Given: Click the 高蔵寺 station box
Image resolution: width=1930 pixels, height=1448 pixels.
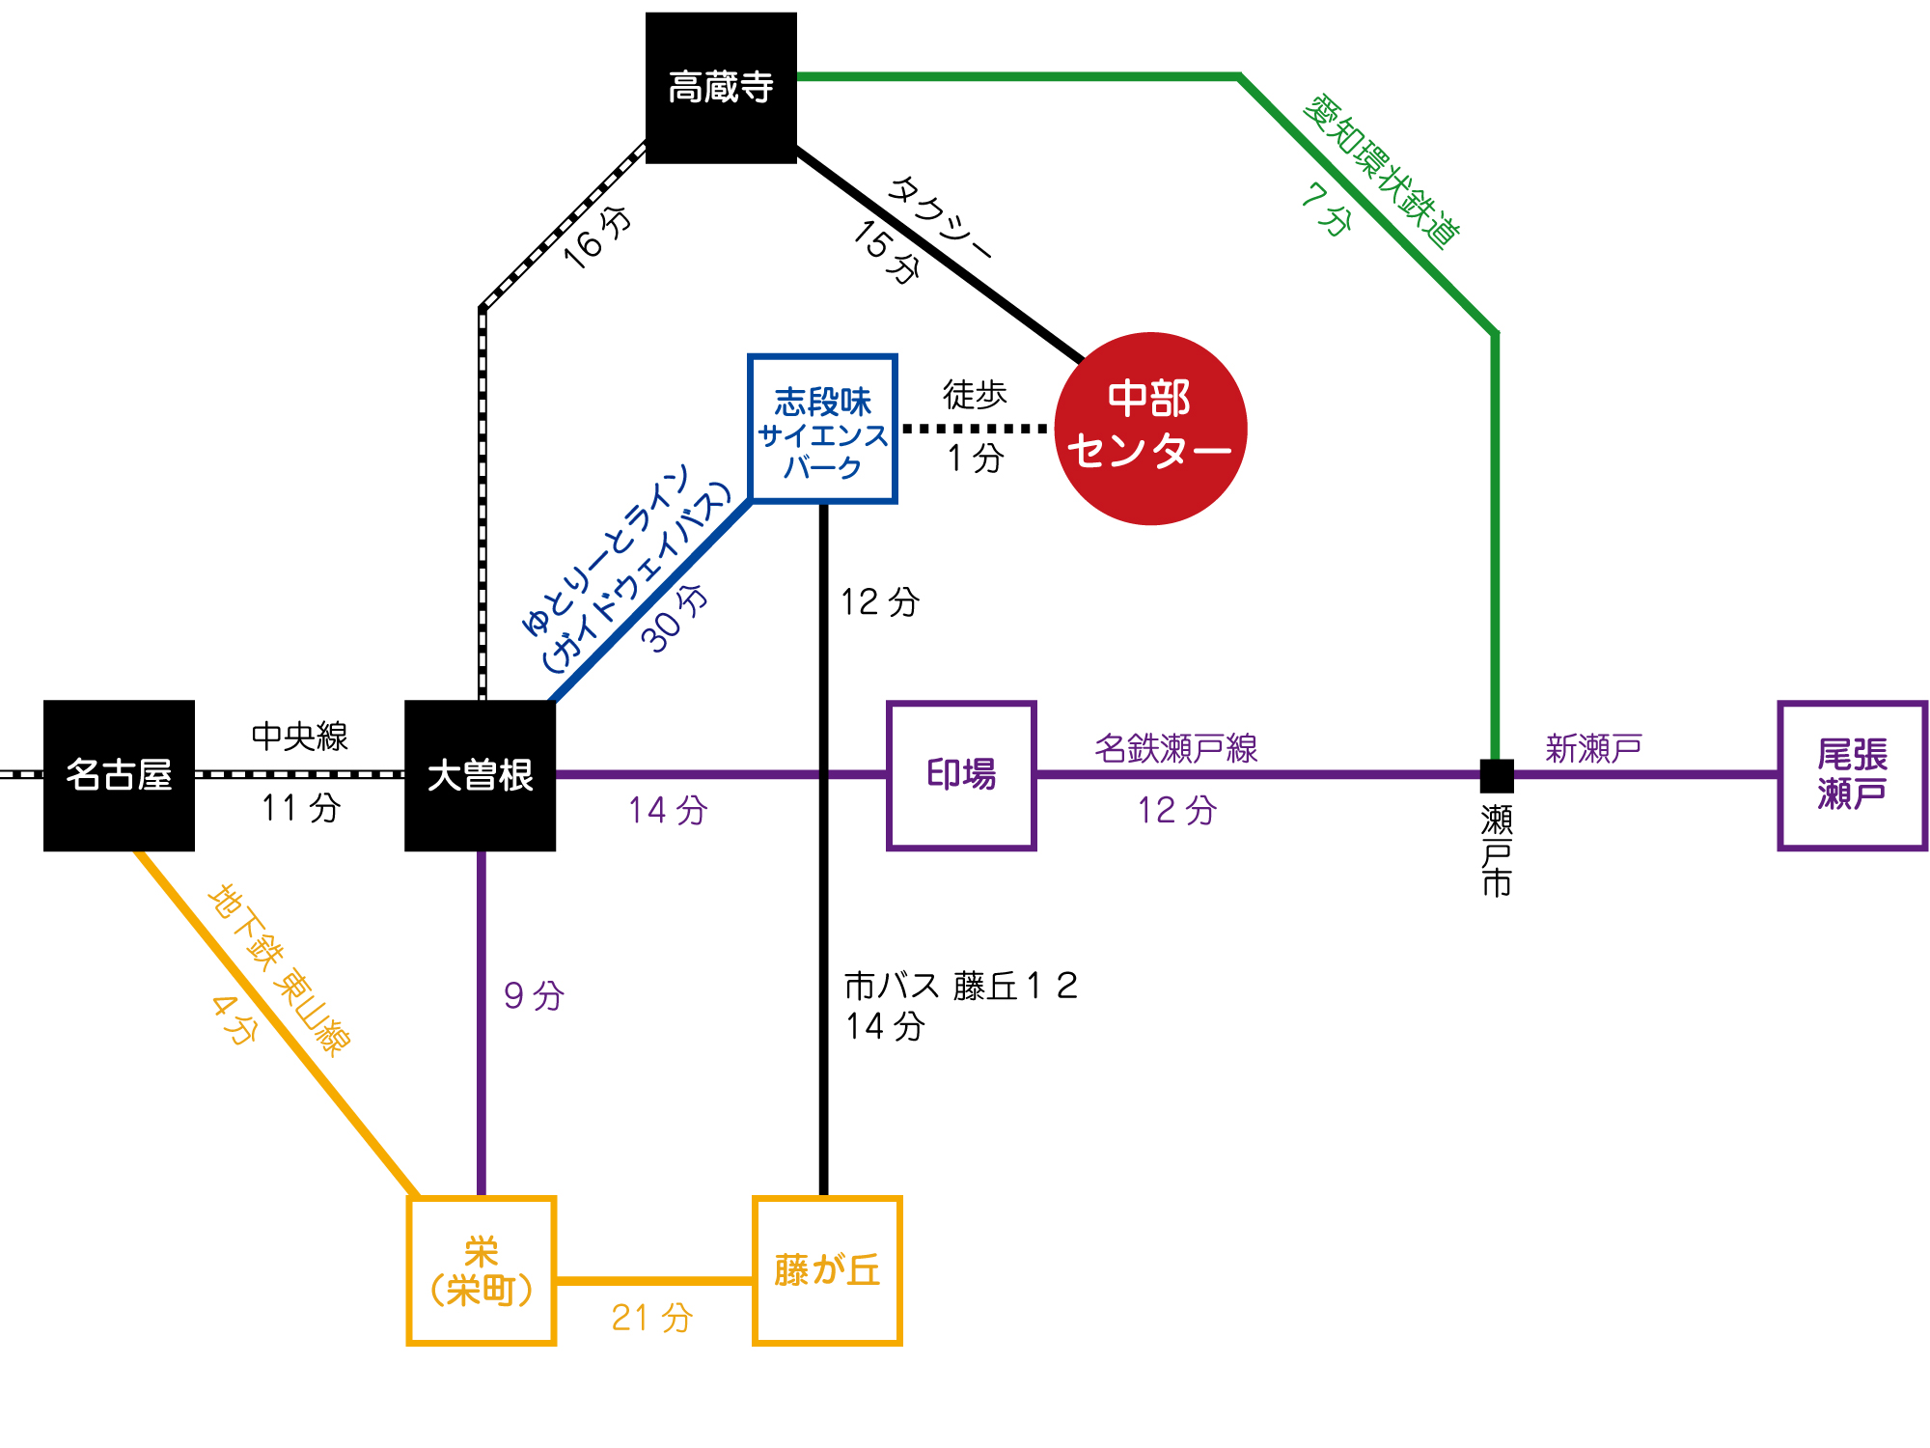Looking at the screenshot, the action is pyautogui.click(x=721, y=88).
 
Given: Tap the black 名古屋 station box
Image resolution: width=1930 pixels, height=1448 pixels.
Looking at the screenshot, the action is pyautogui.click(x=119, y=775).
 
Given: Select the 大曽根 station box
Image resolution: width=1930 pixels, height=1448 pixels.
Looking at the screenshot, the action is pyautogui.click(x=480, y=775).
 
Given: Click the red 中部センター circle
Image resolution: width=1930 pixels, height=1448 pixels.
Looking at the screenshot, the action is pyautogui.click(x=1150, y=429).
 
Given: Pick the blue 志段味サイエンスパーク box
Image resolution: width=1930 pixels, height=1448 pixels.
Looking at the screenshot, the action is pyautogui.click(x=823, y=429).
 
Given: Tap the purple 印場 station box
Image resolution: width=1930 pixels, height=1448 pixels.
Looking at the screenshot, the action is pyautogui.click(x=961, y=775).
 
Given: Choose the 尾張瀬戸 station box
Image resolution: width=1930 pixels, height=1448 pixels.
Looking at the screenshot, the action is pyautogui.click(x=1853, y=775).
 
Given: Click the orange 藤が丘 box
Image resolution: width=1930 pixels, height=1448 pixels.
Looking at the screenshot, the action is pyautogui.click(x=827, y=1270).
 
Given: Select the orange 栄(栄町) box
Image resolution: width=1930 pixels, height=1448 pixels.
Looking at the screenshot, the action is pyautogui.click(x=482, y=1270).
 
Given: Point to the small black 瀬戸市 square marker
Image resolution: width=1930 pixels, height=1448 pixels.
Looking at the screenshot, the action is pyautogui.click(x=1497, y=775).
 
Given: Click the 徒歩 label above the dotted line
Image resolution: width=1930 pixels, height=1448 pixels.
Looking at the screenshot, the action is pyautogui.click(x=975, y=394).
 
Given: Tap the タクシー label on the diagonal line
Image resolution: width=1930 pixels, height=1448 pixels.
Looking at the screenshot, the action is pyautogui.click(x=939, y=218).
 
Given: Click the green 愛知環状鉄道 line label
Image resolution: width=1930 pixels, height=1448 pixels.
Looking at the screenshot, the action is pyautogui.click(x=1381, y=171).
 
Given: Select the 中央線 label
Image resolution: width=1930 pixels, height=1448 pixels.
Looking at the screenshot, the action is pyautogui.click(x=299, y=736).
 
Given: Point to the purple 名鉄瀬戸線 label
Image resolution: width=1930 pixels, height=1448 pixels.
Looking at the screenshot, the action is pyautogui.click(x=1176, y=748).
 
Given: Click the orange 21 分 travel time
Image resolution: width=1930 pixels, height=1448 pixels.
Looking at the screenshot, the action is pyautogui.click(x=652, y=1317).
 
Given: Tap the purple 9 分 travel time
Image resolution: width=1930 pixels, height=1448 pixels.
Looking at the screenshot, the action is pyautogui.click(x=534, y=995).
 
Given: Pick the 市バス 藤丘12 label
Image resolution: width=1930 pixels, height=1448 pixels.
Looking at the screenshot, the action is pyautogui.click(x=961, y=986).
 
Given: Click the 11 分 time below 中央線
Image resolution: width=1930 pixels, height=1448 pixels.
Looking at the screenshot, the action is pyautogui.click(x=301, y=807).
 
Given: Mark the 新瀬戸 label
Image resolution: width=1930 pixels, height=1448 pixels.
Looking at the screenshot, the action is pyautogui.click(x=1594, y=748).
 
